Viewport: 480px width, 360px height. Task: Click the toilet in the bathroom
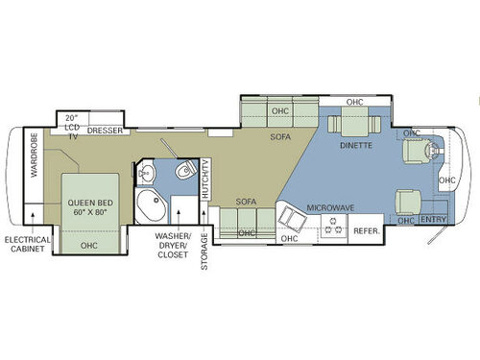coord(183,173)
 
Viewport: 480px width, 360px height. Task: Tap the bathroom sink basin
coord(146,175)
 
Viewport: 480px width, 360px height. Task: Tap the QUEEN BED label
coord(88,207)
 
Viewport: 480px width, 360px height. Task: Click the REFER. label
coord(367,231)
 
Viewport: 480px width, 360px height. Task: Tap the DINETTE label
coord(355,147)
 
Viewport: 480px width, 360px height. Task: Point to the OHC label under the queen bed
coord(88,245)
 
